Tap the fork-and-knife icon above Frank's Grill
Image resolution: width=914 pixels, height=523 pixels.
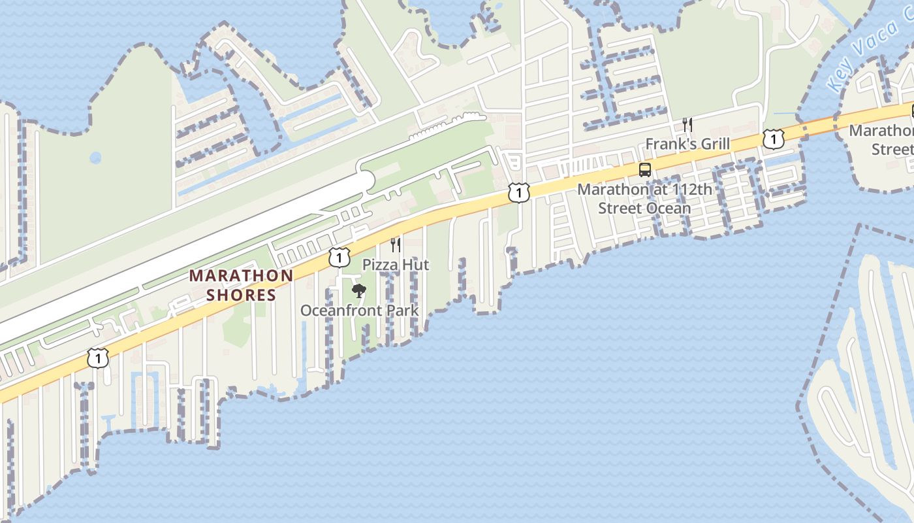(687, 124)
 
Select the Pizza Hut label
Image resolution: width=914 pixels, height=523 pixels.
(396, 265)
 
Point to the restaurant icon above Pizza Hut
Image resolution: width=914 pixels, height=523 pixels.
(396, 245)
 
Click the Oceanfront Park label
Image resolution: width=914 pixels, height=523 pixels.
(359, 311)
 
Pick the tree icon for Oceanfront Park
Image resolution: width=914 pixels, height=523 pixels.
(358, 290)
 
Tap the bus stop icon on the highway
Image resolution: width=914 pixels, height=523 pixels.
(645, 170)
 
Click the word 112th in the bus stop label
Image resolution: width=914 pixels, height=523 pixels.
(692, 190)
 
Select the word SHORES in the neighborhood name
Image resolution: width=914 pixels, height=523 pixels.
(242, 295)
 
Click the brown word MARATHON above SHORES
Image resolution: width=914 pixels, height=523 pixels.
(242, 276)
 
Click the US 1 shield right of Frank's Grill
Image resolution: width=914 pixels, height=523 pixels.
(773, 139)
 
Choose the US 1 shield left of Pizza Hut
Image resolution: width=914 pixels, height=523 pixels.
(339, 257)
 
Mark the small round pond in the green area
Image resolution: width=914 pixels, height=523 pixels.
(95, 158)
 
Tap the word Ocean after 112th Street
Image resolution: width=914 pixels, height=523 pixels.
(668, 209)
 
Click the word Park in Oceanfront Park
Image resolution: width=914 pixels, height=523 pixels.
(403, 311)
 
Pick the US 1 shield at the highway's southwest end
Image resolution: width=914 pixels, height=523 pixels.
(98, 358)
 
